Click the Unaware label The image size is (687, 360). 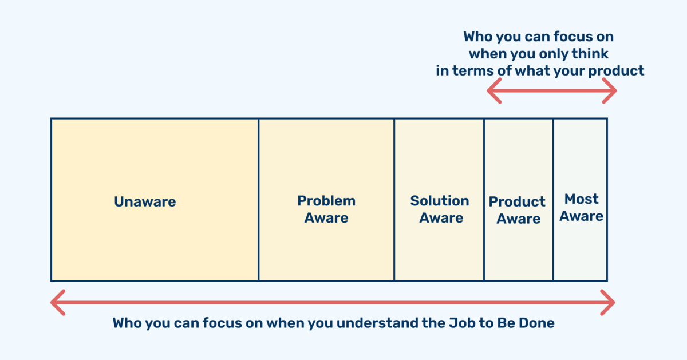pos(145,202)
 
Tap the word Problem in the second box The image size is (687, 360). pos(326,201)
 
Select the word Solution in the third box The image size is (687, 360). pos(440,201)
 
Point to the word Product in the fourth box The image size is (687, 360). pos(517,202)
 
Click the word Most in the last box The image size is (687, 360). pos(581,199)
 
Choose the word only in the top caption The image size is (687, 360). pos(552,54)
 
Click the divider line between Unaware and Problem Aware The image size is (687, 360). pos(259,200)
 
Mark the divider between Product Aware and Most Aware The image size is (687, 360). pos(553,200)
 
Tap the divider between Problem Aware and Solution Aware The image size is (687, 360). pos(394,200)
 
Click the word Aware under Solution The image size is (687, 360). pos(441,218)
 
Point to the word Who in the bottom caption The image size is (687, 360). pos(127,323)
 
